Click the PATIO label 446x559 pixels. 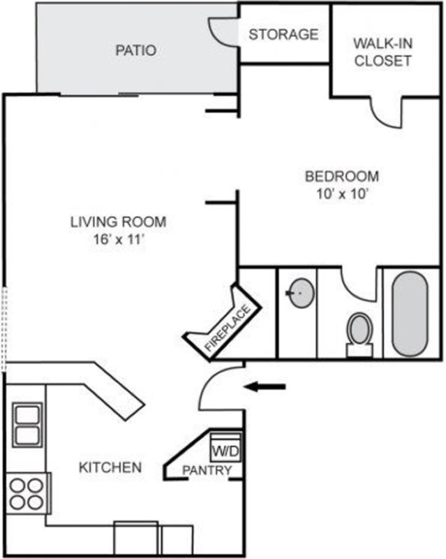pyautogui.click(x=135, y=50)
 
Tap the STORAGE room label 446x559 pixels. pyautogui.click(x=283, y=34)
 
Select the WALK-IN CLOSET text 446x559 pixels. pyautogui.click(x=383, y=52)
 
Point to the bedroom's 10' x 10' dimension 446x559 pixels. pyautogui.click(x=342, y=194)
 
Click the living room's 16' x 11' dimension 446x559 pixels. pyautogui.click(x=118, y=239)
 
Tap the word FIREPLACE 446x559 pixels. pyautogui.click(x=228, y=328)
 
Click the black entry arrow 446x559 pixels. pyautogui.click(x=265, y=386)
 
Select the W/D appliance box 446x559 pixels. pyautogui.click(x=226, y=448)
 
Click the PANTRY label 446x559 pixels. pyautogui.click(x=207, y=470)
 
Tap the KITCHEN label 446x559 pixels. pyautogui.click(x=110, y=467)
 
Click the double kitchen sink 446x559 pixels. pyautogui.click(x=27, y=425)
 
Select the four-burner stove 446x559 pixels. pyautogui.click(x=28, y=493)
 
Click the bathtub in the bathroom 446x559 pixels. pyautogui.click(x=410, y=314)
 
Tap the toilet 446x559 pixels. pyautogui.click(x=359, y=335)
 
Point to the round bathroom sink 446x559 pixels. pyautogui.click(x=302, y=293)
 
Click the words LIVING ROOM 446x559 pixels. pyautogui.click(x=118, y=222)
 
